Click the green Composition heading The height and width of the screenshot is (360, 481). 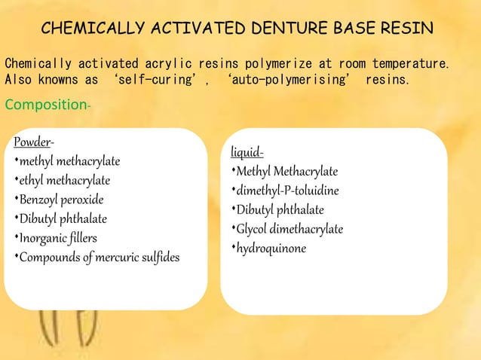(46, 104)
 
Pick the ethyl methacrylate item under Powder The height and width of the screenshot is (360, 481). (65, 180)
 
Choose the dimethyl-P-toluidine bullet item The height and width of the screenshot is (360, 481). (289, 190)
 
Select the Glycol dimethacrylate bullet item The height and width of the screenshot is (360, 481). (290, 229)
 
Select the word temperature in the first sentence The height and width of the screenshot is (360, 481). (410, 63)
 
